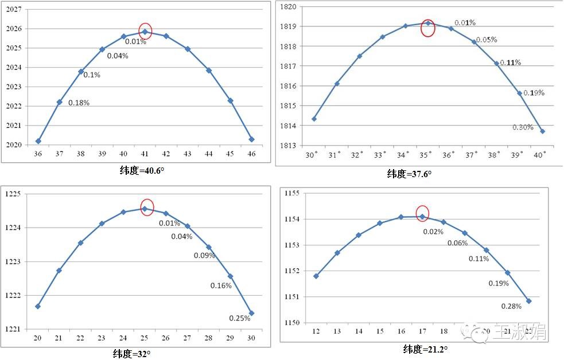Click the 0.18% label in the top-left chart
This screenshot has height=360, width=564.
click(x=79, y=103)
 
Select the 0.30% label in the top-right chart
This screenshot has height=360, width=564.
click(x=523, y=127)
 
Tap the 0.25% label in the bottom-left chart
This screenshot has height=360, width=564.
click(x=239, y=318)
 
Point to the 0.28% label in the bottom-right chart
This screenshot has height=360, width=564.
click(x=511, y=306)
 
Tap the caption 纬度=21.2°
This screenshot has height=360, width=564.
click(x=425, y=349)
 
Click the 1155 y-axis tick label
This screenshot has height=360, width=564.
click(x=293, y=193)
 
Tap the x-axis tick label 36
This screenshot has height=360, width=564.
click(x=38, y=155)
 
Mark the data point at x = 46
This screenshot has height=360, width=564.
click(x=251, y=139)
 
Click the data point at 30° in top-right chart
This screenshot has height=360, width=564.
click(x=314, y=119)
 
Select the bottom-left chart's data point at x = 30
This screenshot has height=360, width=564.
click(x=251, y=313)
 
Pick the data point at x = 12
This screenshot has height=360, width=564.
click(x=316, y=276)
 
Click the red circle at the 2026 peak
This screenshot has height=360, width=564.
click(x=145, y=32)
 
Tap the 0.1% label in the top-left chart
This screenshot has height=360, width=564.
click(x=92, y=75)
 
